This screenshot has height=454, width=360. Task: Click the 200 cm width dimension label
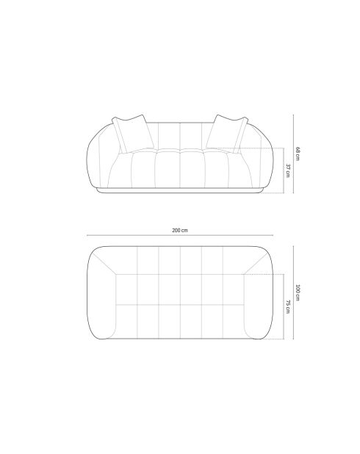tap(180, 230)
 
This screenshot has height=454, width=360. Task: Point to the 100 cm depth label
tap(298, 292)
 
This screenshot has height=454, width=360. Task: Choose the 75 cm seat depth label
tap(288, 306)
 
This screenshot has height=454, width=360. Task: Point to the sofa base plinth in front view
tap(180, 191)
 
